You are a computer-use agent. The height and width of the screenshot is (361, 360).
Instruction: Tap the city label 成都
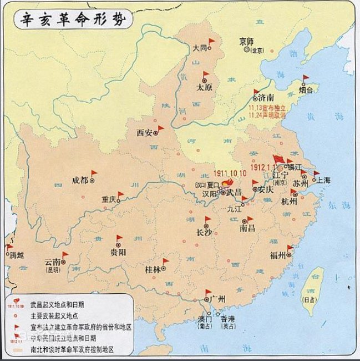coord(80,180)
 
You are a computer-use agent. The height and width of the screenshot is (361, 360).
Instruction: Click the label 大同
coord(200,48)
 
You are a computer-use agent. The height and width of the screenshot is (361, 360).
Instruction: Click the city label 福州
coord(277,255)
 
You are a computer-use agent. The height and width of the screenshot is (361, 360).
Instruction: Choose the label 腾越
coord(17,255)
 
